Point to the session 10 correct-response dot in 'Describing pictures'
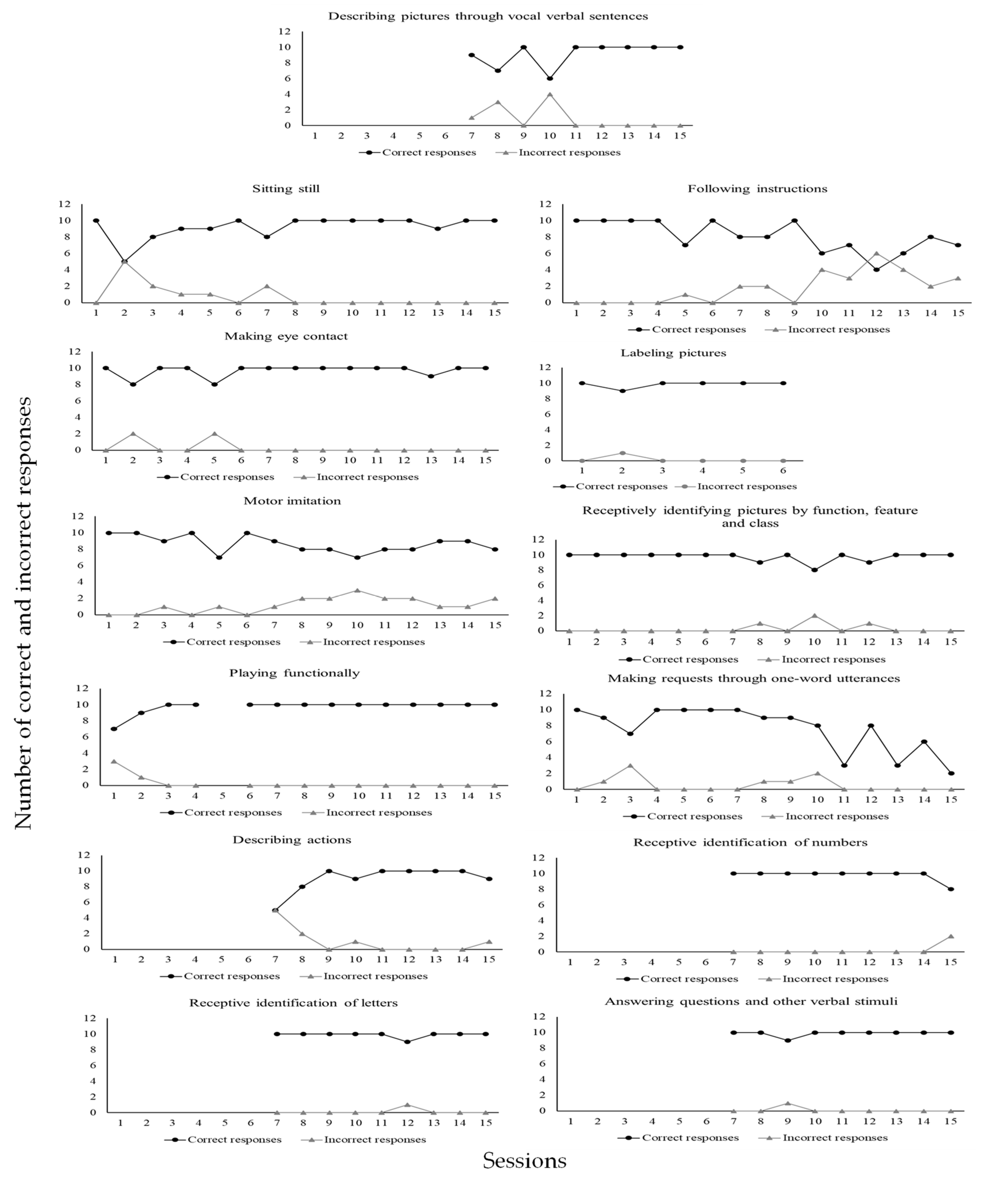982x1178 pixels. click(x=550, y=79)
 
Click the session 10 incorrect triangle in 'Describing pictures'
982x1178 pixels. click(x=550, y=94)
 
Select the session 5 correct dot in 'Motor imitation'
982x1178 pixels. click(x=219, y=558)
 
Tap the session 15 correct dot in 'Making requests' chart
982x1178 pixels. click(x=951, y=774)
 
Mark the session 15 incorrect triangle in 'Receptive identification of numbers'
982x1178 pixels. click(x=951, y=936)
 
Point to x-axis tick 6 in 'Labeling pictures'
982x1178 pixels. click(x=783, y=470)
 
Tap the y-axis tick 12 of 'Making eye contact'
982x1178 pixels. click(x=74, y=352)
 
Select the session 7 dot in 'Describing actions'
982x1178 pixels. click(x=275, y=911)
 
